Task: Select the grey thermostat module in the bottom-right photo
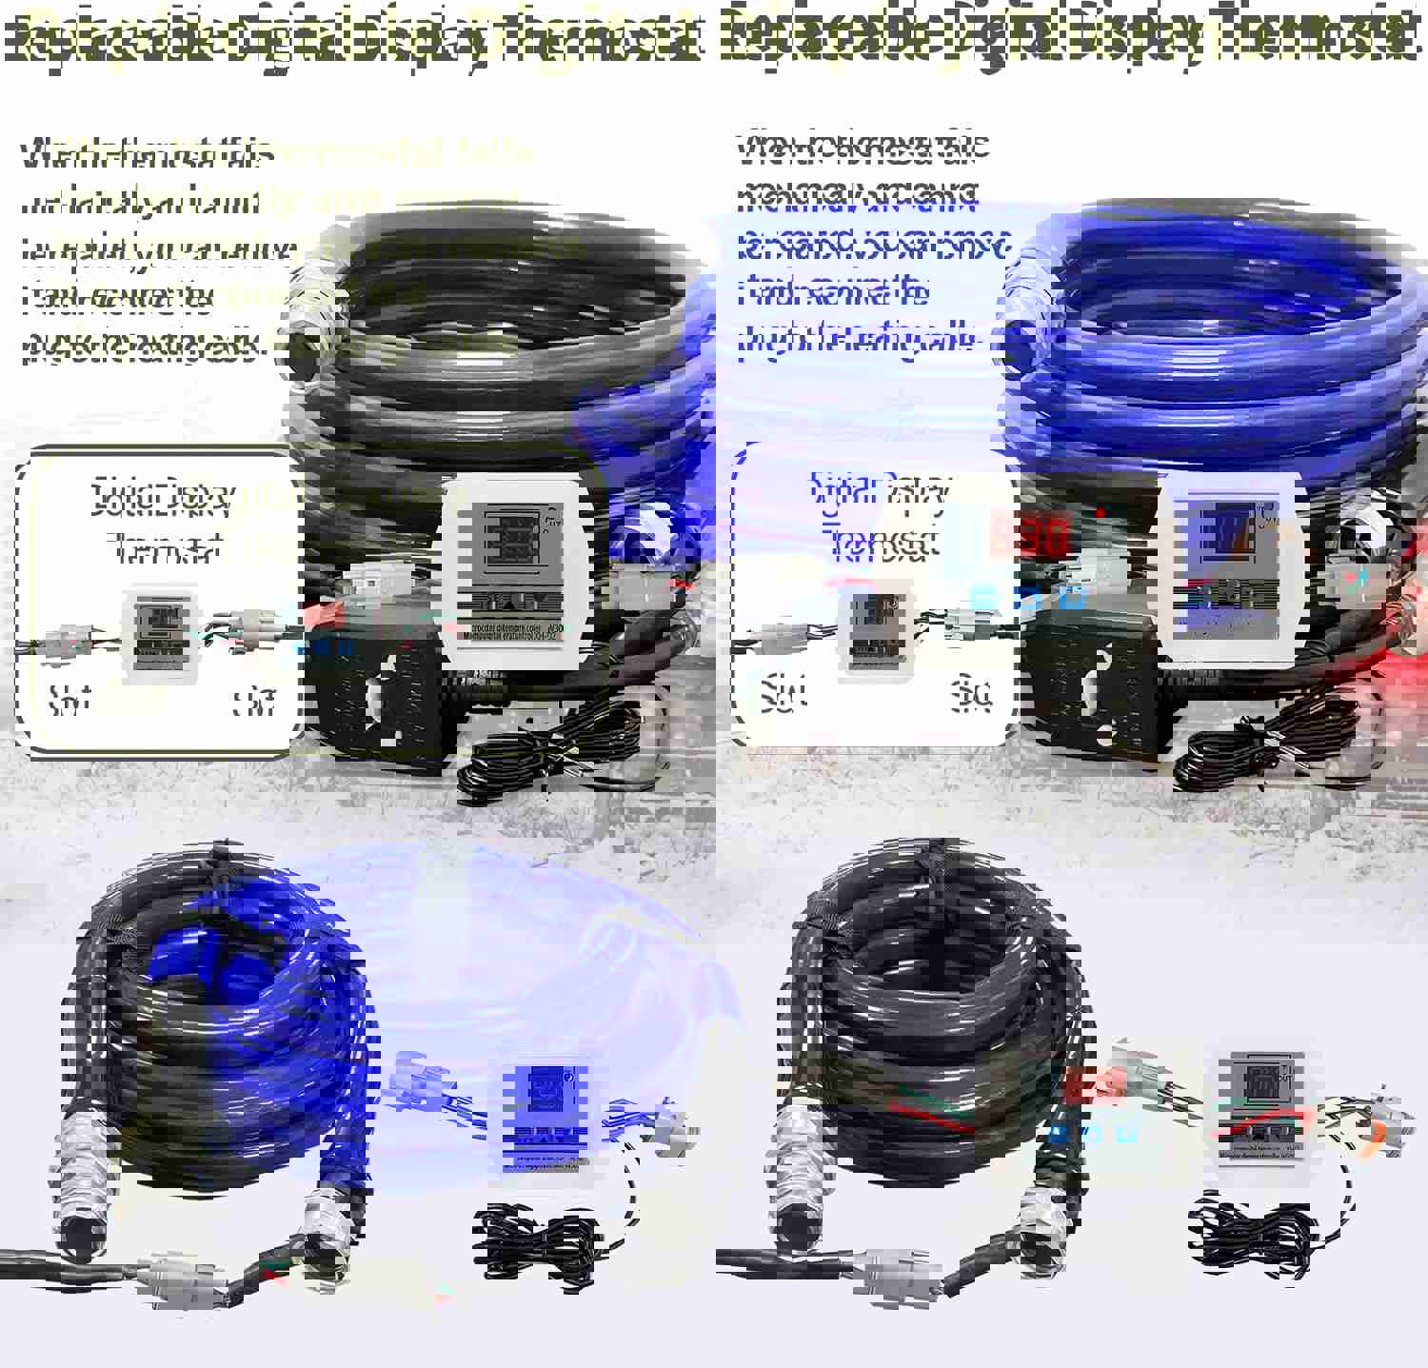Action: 1259,1108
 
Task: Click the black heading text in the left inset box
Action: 162,520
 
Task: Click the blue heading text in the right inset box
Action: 878,514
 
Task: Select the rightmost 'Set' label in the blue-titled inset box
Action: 971,698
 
